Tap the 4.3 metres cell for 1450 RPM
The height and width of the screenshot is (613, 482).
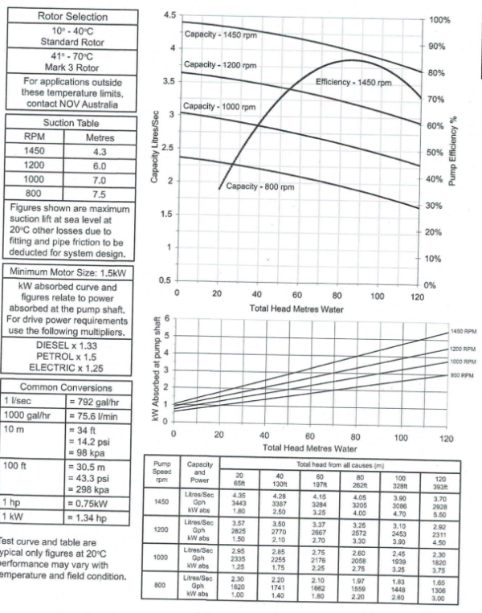(x=100, y=150)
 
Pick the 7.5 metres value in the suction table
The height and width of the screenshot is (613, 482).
(x=100, y=194)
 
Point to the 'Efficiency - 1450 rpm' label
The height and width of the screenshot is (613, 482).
(x=353, y=83)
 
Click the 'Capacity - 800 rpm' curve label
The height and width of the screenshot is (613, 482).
(x=260, y=186)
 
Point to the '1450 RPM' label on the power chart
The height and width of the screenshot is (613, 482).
(x=464, y=331)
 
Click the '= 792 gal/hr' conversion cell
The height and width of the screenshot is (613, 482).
(x=96, y=399)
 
